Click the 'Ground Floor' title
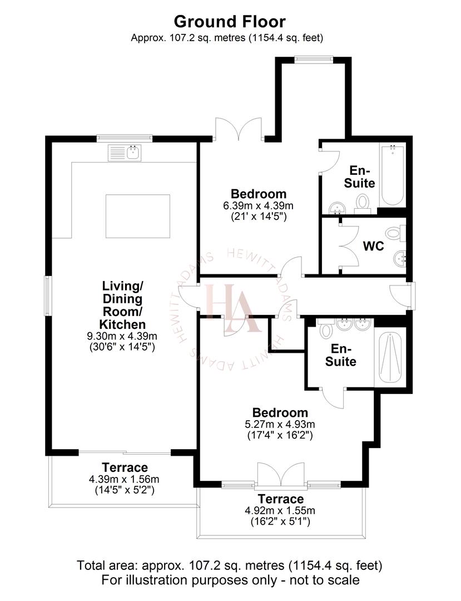(x=230, y=22)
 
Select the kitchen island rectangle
(x=137, y=216)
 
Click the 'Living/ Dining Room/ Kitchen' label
(x=122, y=305)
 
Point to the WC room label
(x=373, y=246)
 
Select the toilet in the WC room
(x=396, y=233)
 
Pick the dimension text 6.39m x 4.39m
(x=259, y=206)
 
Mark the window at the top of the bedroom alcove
(x=314, y=57)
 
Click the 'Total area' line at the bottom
(x=230, y=566)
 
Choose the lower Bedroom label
(x=280, y=413)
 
